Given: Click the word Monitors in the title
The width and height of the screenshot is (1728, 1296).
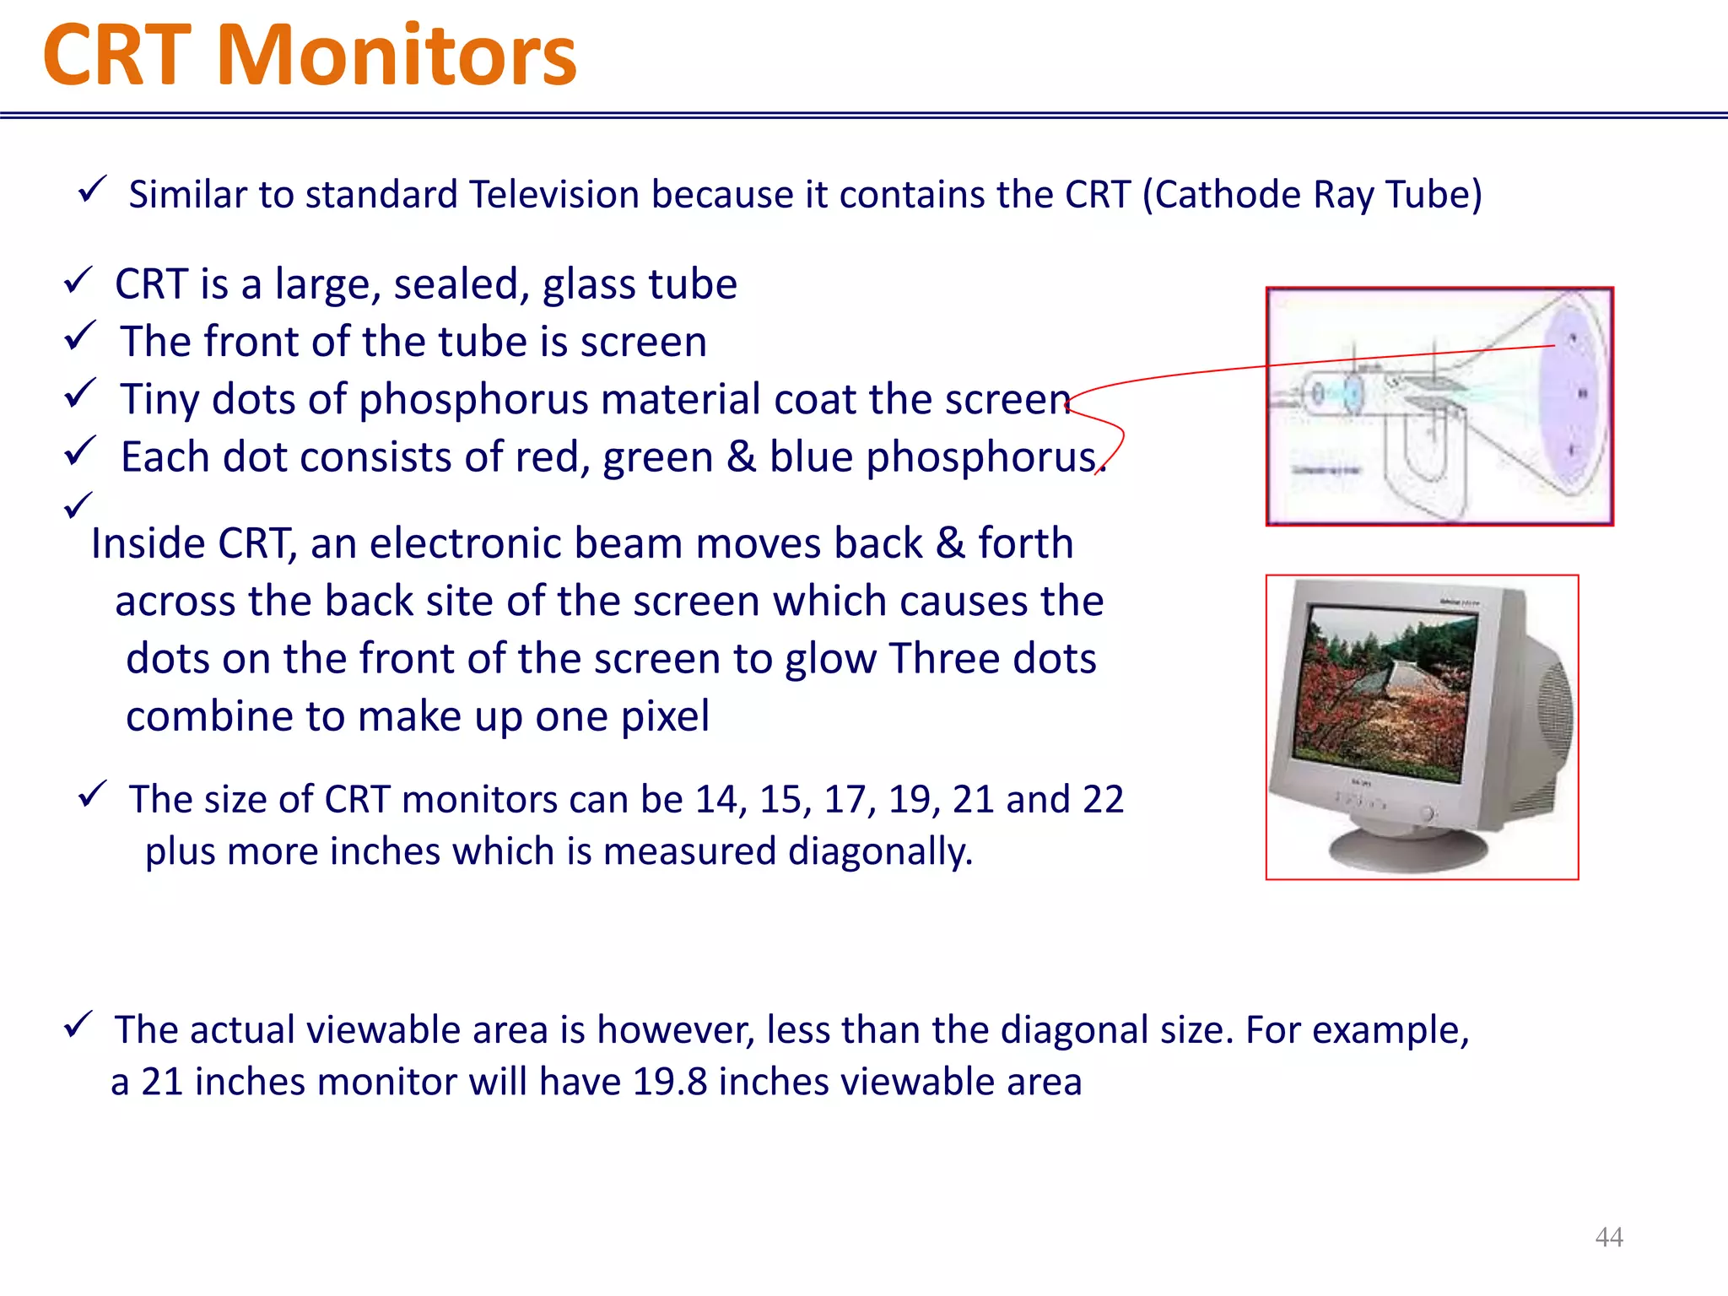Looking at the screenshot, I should click(x=397, y=56).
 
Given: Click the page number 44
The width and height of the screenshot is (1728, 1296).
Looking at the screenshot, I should click(x=1608, y=1237).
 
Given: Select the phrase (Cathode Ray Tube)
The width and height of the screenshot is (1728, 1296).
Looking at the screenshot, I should click(x=1312, y=195).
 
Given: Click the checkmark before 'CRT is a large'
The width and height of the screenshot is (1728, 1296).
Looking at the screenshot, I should click(x=77, y=280).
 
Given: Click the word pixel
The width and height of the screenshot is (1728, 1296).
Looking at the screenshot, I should click(x=664, y=716).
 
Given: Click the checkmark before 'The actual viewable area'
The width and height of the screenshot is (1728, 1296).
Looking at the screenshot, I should click(x=77, y=1026).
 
